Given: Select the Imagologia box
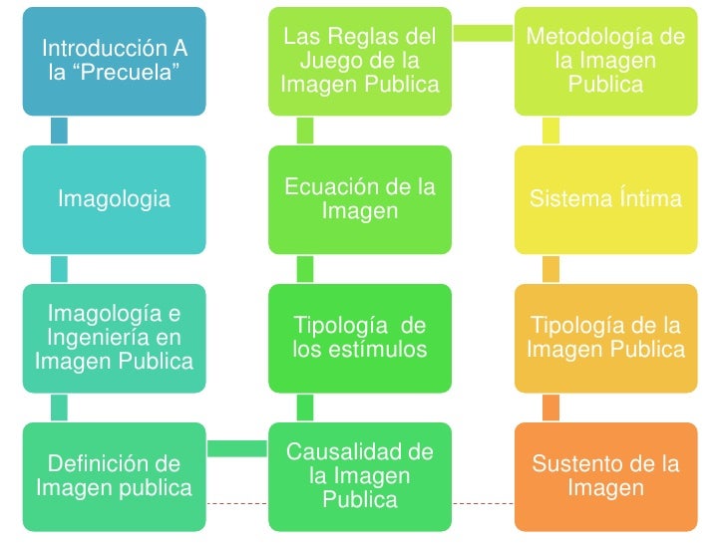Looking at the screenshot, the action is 115,199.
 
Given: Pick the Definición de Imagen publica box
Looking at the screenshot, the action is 115,475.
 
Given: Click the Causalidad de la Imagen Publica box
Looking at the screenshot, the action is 360,475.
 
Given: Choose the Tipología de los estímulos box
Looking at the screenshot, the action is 360,337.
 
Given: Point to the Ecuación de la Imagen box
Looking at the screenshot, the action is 360,199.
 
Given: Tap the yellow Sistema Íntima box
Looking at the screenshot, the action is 605,199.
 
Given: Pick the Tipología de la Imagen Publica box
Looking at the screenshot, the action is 605,337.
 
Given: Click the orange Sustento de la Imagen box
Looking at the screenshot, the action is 605,475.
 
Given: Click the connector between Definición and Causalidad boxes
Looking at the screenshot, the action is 237,448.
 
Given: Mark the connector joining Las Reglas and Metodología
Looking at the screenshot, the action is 483,33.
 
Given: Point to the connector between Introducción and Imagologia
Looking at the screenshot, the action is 59,130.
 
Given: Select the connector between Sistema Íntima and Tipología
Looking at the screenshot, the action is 550,268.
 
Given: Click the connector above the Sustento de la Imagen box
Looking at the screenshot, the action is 550,407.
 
